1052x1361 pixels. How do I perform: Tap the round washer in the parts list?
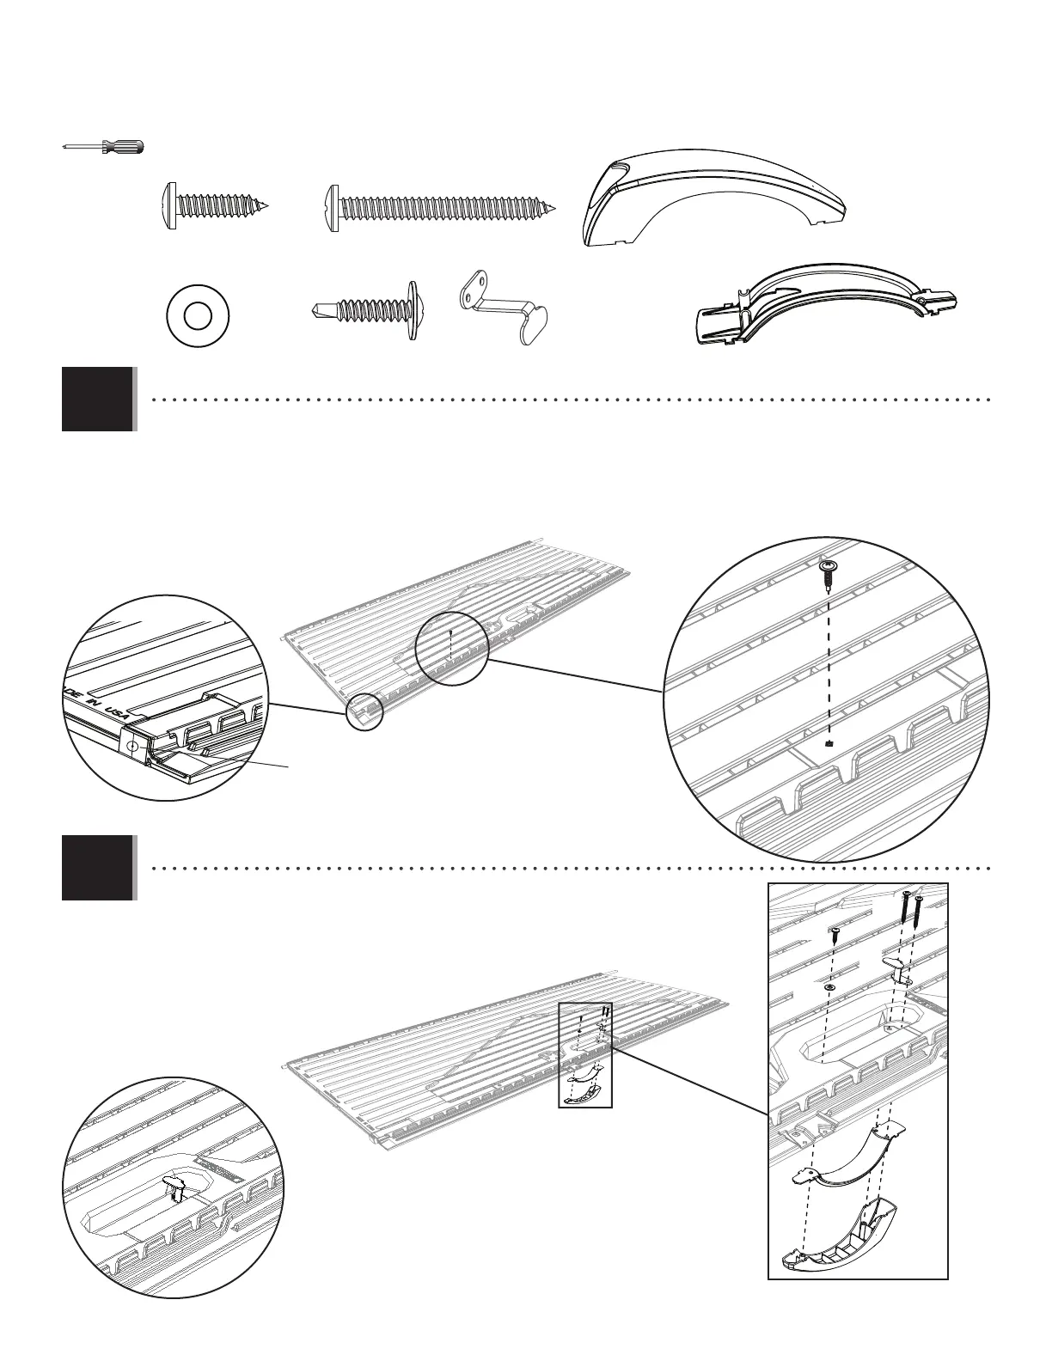coord(198,316)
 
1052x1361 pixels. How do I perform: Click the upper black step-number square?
coord(98,399)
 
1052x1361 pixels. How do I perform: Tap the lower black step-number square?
coord(98,868)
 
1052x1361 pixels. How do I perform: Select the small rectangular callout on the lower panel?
coord(584,1055)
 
